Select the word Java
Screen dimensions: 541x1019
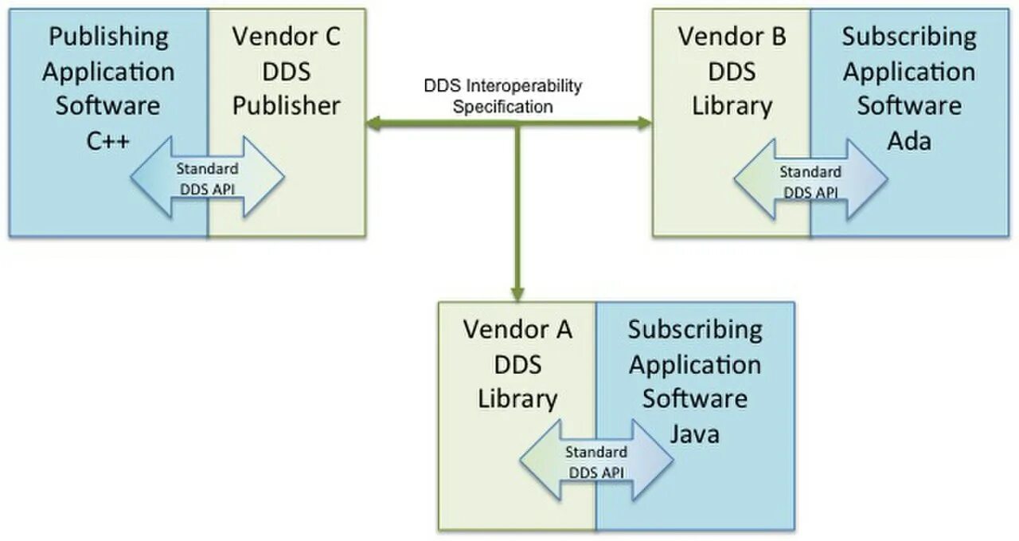pos(694,433)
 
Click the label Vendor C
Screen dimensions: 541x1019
pos(287,36)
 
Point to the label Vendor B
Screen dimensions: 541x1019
pos(732,36)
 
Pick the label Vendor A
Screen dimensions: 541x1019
pos(517,328)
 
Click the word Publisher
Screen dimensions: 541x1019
pos(287,106)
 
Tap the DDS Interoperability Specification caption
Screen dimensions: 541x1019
pos(502,96)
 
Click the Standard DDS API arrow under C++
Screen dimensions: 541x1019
pos(207,176)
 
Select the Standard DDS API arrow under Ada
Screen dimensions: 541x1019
pos(810,178)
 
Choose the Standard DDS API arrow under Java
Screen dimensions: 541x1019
pos(596,461)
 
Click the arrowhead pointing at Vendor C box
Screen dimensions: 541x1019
pos(375,123)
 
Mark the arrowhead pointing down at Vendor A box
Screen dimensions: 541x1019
pos(517,293)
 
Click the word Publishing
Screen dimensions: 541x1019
pos(108,36)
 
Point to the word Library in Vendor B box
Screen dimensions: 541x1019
pos(732,106)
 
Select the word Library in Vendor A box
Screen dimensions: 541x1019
pos(517,398)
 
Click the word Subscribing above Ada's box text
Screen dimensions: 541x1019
pos(908,36)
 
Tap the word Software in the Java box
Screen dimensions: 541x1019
pos(694,398)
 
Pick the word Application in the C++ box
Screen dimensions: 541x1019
pos(108,72)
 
